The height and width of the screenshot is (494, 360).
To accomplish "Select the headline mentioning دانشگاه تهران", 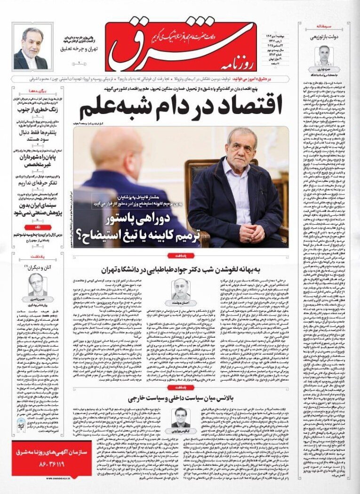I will (x=181, y=269).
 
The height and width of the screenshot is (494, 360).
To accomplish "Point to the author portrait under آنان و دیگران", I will (x=36, y=283).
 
